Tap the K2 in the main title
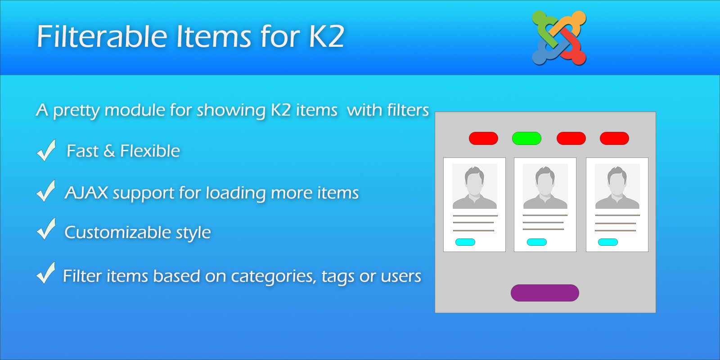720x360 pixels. tap(327, 36)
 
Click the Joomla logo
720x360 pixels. tap(559, 38)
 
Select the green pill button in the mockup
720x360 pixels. tap(526, 138)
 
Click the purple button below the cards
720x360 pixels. tap(545, 293)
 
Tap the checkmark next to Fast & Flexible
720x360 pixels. tap(46, 150)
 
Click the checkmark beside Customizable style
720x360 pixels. tap(46, 229)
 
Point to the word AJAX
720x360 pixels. tap(86, 193)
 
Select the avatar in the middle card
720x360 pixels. tap(545, 186)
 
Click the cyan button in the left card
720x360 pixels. tap(465, 242)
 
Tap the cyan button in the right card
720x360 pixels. tap(608, 242)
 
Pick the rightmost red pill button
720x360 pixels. tap(614, 138)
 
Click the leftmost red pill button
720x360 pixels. tap(483, 138)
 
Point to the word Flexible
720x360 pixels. tap(150, 151)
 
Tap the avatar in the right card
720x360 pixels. tap(617, 186)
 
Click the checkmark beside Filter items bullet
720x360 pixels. tap(46, 273)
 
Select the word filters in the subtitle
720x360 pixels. tap(408, 110)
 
